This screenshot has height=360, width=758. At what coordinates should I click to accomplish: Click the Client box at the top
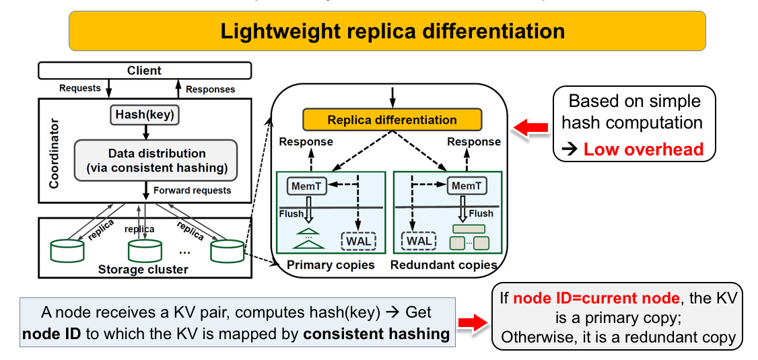pos(144,70)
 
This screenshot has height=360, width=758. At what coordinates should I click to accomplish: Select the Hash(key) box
pos(145,115)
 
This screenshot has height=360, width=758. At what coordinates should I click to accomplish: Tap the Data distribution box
pos(156,160)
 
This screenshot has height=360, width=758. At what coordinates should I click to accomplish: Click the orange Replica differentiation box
pos(392,120)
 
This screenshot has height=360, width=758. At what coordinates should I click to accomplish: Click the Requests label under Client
pos(80,88)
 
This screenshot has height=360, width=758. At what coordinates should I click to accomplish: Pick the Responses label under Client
pos(210,89)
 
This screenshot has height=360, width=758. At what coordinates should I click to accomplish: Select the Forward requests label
pos(192,190)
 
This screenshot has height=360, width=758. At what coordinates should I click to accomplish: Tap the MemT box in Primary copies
pos(307,185)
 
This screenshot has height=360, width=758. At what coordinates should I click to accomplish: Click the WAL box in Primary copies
pos(359,240)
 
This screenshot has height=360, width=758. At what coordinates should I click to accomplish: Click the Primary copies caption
pos(331,265)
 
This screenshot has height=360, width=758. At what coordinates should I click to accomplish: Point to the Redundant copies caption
pos(444,265)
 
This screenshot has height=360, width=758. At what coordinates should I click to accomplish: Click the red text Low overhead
pos(643,149)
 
